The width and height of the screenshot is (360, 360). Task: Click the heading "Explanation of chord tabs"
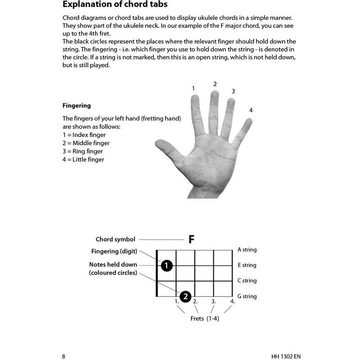(115, 5)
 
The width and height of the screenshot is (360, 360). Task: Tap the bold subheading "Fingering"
(76, 106)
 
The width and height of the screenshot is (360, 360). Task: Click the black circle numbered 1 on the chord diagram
(166, 266)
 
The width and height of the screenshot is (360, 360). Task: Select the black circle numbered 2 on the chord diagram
(185, 297)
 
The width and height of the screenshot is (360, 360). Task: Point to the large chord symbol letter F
(192, 240)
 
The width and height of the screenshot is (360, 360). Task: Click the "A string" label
(247, 250)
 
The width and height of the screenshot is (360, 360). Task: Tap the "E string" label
(247, 265)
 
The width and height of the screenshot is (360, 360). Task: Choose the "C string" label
(247, 281)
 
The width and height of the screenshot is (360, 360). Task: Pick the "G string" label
(247, 297)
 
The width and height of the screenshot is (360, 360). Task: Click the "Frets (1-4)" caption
(204, 319)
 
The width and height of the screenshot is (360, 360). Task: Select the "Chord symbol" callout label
(115, 239)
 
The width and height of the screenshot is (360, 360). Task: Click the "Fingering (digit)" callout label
(114, 251)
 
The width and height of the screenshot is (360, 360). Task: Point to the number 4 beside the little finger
(251, 111)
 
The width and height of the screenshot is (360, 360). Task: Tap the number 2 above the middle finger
(215, 84)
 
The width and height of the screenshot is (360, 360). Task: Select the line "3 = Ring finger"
(82, 152)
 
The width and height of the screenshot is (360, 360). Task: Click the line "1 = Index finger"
(84, 135)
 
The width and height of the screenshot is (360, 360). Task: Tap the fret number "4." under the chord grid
(232, 302)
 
